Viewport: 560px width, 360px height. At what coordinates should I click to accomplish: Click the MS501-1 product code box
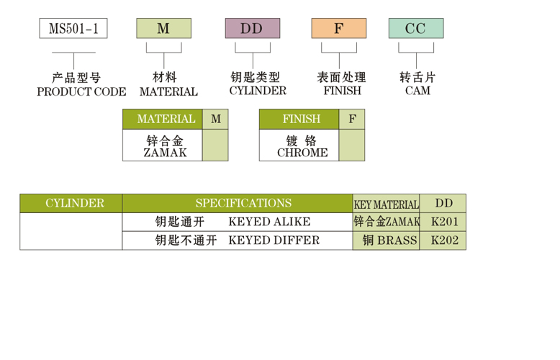point(73,29)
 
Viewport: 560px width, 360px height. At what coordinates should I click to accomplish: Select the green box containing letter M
point(163,29)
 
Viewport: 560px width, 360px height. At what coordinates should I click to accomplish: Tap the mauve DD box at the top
point(252,29)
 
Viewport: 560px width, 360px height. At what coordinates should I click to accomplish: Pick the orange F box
point(338,29)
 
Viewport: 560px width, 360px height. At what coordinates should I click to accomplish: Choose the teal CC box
point(415,29)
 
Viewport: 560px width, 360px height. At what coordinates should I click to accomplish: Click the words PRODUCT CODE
point(81,92)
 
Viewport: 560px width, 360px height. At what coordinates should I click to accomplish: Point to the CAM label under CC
point(417,91)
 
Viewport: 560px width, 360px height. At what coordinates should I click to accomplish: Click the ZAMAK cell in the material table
point(163,145)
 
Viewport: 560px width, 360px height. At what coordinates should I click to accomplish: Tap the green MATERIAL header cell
point(163,119)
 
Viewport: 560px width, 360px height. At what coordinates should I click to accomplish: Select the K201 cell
point(443,222)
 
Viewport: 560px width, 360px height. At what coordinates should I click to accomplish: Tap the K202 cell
point(443,240)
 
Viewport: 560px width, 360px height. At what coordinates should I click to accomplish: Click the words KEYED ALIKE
point(269,222)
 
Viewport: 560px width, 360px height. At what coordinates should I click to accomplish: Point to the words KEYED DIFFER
point(274,240)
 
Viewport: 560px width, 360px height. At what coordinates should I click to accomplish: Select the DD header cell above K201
point(443,203)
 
